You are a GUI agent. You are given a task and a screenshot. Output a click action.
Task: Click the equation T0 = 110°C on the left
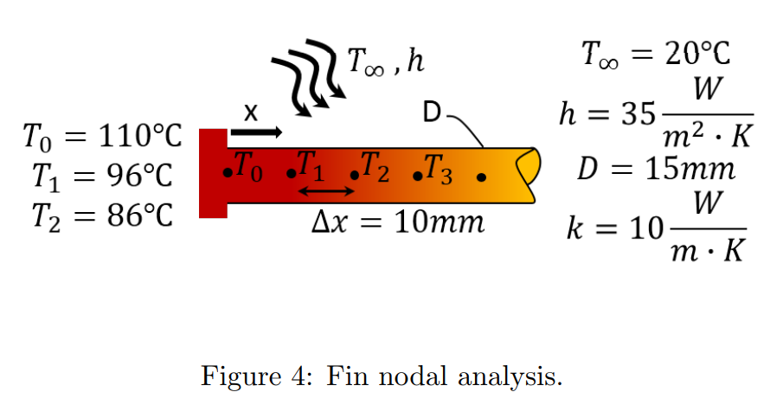102,137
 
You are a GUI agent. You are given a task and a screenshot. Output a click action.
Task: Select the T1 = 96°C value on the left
102,176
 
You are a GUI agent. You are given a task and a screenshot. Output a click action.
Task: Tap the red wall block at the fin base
212,173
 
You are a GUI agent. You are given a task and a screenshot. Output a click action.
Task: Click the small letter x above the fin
250,112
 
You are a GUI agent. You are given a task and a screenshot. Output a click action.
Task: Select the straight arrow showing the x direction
256,132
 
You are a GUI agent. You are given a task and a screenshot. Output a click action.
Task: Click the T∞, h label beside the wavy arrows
385,61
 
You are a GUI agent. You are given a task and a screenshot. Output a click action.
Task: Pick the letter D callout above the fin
433,112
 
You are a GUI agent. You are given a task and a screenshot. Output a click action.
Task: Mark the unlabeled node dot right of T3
481,177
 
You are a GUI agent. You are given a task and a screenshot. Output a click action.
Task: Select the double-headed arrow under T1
319,190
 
